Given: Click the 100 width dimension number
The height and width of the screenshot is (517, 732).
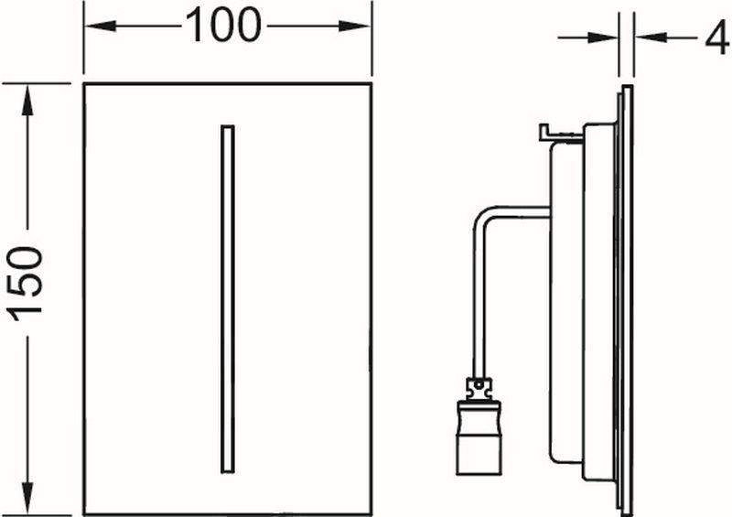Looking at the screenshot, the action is tap(223, 26).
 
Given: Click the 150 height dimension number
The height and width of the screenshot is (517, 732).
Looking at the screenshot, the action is tap(27, 284).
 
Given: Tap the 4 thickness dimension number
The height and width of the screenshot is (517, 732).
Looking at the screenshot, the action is tap(717, 38).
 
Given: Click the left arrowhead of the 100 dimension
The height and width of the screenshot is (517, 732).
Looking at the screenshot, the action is tap(100, 27).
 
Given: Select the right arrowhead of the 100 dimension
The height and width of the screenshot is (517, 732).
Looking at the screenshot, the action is tap(355, 27).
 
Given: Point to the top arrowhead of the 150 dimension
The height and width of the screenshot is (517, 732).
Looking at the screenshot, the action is tap(28, 100).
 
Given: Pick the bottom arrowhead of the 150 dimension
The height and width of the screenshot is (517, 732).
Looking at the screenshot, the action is tap(28, 500).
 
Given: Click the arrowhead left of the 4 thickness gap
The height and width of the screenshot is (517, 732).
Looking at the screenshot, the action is tap(603, 38).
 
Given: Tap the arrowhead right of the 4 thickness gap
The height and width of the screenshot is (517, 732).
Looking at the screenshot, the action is tap(651, 38).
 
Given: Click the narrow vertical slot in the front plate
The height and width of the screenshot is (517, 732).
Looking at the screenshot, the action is tap(227, 299).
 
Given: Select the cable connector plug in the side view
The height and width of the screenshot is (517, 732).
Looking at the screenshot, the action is tap(479, 436).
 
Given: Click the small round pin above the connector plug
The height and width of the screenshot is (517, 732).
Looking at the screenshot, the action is tap(477, 385).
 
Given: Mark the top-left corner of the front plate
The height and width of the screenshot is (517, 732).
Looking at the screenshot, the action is tap(84, 84).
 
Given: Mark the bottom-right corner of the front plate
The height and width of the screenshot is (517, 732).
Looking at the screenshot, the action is tap(371, 514).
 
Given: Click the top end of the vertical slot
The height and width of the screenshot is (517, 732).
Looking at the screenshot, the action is tap(227, 125).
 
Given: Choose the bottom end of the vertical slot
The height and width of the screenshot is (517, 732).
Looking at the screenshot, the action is tap(227, 472).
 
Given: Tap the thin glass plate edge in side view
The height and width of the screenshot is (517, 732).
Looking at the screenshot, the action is tap(628, 300).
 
